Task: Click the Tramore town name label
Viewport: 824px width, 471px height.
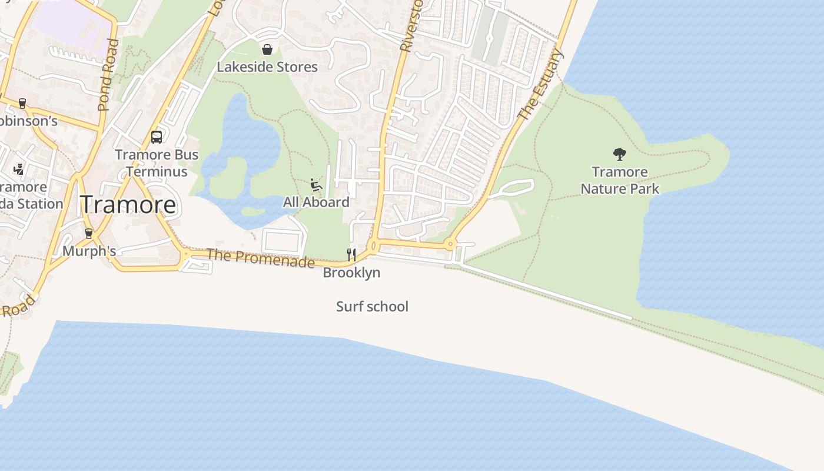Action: (128, 205)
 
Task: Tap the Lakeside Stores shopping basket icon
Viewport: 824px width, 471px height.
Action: (267, 49)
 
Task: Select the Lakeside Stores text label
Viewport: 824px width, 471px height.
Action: (267, 67)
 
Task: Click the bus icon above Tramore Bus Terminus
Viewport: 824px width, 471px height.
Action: (157, 137)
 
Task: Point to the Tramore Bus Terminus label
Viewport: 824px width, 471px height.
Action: (157, 163)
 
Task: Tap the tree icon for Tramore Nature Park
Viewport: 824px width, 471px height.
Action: (619, 154)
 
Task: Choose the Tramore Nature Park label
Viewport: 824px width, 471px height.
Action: (620, 180)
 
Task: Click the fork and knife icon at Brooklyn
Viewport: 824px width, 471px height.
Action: (351, 254)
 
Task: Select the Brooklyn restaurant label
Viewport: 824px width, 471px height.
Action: (351, 273)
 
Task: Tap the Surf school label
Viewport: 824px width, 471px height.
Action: (372, 307)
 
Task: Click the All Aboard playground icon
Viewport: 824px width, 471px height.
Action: (316, 185)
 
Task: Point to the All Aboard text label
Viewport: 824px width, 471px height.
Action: (316, 203)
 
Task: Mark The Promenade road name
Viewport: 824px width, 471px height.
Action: (260, 257)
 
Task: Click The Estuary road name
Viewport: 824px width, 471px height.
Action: (540, 84)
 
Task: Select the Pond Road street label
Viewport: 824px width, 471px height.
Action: (108, 75)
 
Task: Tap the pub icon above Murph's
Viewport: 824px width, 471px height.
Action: (89, 234)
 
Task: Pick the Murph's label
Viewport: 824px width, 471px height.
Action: (89, 251)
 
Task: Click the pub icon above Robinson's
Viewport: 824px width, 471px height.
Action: (22, 104)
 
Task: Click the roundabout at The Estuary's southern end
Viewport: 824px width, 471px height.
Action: (450, 243)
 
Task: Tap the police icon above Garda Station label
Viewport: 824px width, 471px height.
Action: (19, 170)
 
